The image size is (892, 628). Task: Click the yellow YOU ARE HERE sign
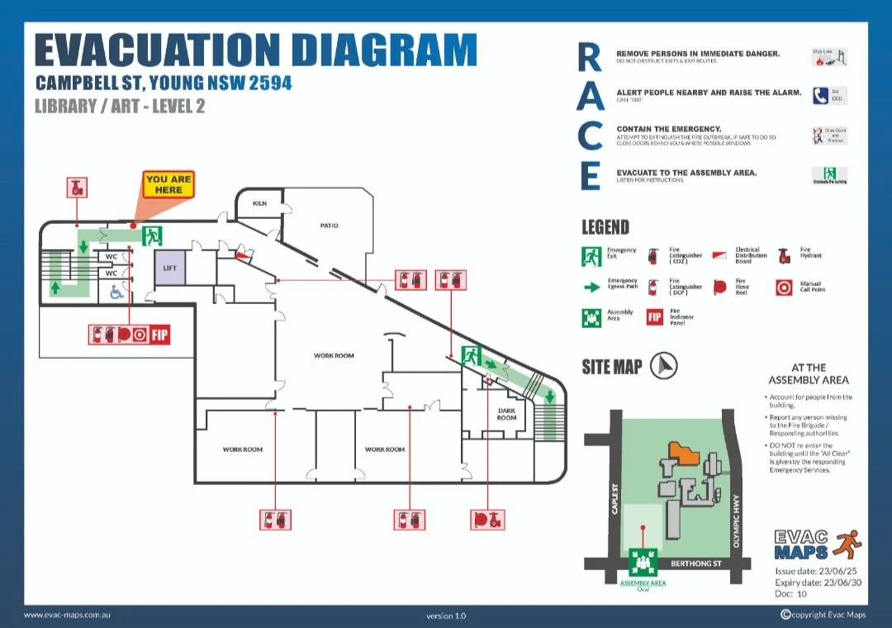pyautogui.click(x=168, y=184)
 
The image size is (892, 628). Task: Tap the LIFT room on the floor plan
pyautogui.click(x=170, y=269)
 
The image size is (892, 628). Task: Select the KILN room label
pyautogui.click(x=259, y=203)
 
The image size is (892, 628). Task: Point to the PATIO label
pyautogui.click(x=329, y=226)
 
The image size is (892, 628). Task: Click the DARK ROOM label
pyautogui.click(x=506, y=413)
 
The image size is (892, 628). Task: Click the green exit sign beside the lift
pyautogui.click(x=151, y=236)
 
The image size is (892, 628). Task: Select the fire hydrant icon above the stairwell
pyautogui.click(x=76, y=188)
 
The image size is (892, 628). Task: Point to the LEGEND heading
pyautogui.click(x=605, y=227)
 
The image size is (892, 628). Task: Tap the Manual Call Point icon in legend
pyautogui.click(x=784, y=288)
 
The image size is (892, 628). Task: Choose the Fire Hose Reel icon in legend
pyautogui.click(x=719, y=287)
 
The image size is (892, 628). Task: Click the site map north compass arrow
pyautogui.click(x=663, y=365)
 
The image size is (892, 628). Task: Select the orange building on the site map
pyautogui.click(x=683, y=450)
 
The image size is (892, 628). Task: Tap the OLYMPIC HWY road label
pyautogui.click(x=736, y=521)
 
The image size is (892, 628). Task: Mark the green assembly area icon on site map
pyautogui.click(x=642, y=563)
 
